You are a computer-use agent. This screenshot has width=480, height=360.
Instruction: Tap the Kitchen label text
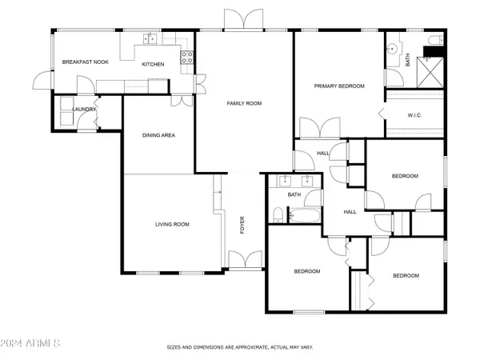pyautogui.click(x=153, y=64)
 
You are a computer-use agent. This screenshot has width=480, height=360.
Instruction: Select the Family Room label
pyautogui.click(x=244, y=103)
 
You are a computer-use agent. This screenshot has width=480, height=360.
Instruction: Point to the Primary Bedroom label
pyautogui.click(x=339, y=86)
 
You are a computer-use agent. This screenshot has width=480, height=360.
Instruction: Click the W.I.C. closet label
pyautogui.click(x=414, y=115)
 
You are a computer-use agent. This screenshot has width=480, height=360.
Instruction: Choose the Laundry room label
pyautogui.click(x=84, y=110)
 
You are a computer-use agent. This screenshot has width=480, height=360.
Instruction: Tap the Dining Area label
pyautogui.click(x=158, y=135)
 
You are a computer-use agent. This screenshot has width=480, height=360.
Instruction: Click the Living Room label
pyautogui.click(x=172, y=224)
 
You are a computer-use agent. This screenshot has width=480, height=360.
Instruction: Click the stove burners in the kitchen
pyautogui.click(x=188, y=57)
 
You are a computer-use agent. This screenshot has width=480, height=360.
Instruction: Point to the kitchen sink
pyautogui.click(x=148, y=38)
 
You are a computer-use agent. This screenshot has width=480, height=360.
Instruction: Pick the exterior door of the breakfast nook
pyautogui.click(x=42, y=80)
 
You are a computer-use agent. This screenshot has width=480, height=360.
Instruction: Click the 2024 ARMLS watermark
pyautogui.click(x=32, y=342)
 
